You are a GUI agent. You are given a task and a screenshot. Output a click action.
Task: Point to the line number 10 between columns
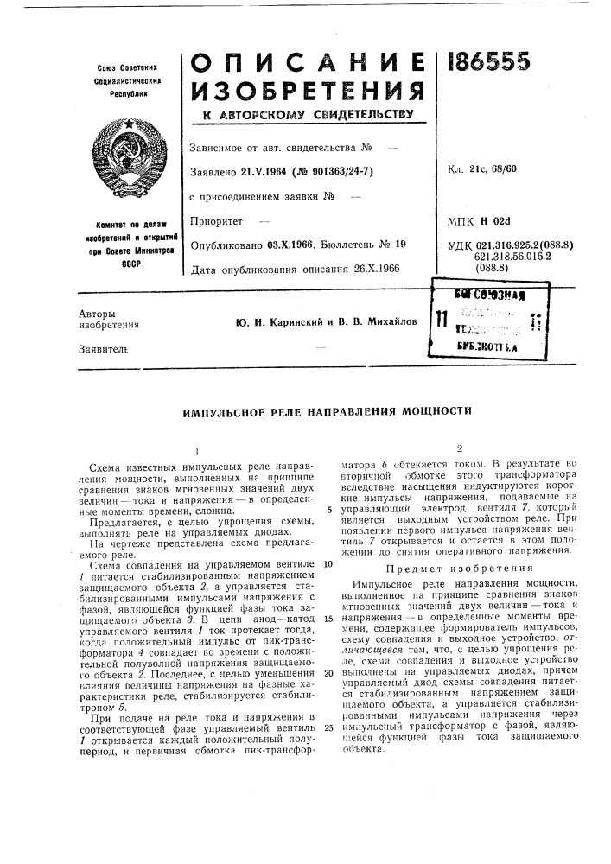click(328, 563)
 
